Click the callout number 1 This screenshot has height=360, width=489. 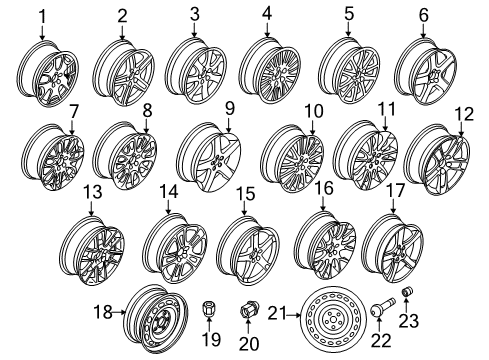tap(43, 17)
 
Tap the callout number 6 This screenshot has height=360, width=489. tap(423, 15)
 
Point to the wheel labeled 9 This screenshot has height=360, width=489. tap(208, 156)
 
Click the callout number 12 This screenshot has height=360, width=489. tap(465, 114)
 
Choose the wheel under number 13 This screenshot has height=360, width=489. tap(94, 250)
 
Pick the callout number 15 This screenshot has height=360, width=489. tap(245, 194)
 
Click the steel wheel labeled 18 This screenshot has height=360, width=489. tap(156, 319)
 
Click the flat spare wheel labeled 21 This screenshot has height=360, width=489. tap(332, 317)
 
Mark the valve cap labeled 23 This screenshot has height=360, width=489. tap(406, 291)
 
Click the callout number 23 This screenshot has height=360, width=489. tap(409, 321)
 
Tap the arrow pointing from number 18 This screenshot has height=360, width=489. tap(118, 312)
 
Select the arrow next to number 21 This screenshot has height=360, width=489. tap(293, 314)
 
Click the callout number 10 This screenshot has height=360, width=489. tap(314, 111)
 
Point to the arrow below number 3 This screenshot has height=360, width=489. tap(194, 29)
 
